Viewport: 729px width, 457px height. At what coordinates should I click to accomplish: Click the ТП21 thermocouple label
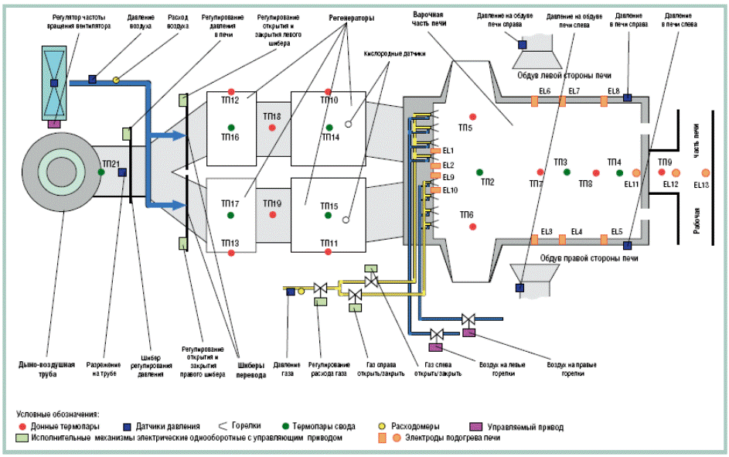(x=110, y=164)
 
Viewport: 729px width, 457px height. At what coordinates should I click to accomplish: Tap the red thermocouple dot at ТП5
(x=473, y=116)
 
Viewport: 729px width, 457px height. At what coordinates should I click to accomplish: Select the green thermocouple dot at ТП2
(x=479, y=172)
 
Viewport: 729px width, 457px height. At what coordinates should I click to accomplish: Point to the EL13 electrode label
(x=701, y=185)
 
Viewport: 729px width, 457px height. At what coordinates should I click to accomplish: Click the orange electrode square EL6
(x=533, y=101)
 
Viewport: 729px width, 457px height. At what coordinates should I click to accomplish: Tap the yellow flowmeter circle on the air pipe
(x=116, y=79)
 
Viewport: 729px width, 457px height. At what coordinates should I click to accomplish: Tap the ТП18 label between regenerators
(x=272, y=117)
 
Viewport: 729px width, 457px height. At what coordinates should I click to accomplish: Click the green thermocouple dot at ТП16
(x=230, y=127)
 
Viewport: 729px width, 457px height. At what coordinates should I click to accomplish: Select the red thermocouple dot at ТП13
(x=231, y=253)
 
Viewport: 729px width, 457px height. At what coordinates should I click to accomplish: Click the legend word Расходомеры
(x=418, y=426)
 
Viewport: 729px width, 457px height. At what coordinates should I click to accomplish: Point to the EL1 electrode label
(x=448, y=150)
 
